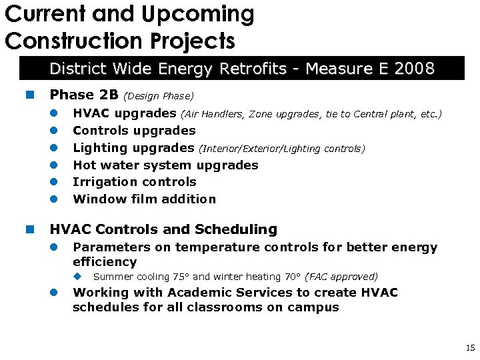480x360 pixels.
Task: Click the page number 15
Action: (x=469, y=348)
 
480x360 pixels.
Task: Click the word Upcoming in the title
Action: (x=201, y=14)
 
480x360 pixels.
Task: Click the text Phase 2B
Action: (x=84, y=95)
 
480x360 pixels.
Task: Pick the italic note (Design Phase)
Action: (x=159, y=96)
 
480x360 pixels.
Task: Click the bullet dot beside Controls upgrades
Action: (x=58, y=131)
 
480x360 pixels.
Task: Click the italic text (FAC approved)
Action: (x=341, y=277)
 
